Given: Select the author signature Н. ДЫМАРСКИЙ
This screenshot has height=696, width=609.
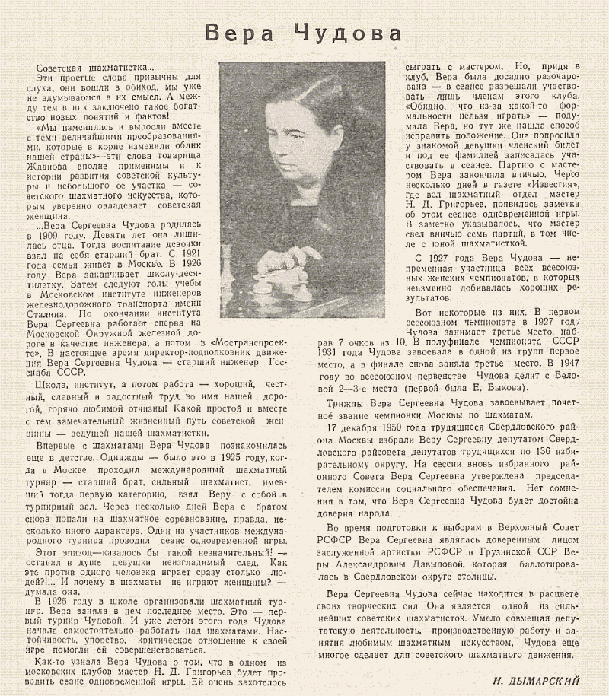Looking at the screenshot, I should click(537, 680).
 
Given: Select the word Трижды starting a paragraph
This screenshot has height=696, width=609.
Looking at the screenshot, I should click(345, 402).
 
